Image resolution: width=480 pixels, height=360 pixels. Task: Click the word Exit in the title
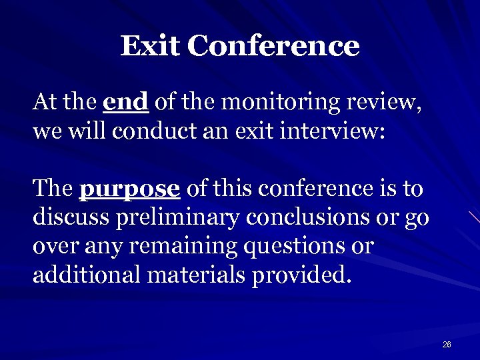150,46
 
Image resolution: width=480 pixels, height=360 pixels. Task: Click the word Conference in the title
273,46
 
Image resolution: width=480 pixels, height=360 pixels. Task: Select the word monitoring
279,104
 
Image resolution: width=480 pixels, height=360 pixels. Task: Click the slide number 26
447,345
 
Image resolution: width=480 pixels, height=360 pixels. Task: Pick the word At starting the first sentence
44,103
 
